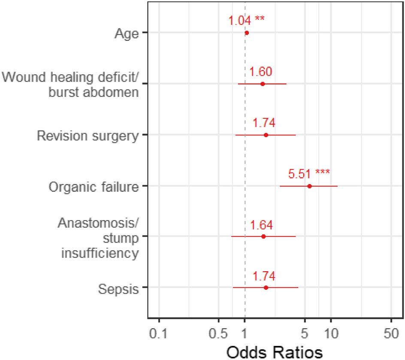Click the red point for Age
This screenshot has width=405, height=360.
click(x=247, y=33)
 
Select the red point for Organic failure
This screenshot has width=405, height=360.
click(x=309, y=186)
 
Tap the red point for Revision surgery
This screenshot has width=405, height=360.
click(x=266, y=135)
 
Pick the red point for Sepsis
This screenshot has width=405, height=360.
click(x=266, y=287)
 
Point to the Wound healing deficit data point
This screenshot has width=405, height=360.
click(x=263, y=84)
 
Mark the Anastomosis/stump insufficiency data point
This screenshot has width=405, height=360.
click(x=263, y=236)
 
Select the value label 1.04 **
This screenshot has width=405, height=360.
click(x=246, y=20)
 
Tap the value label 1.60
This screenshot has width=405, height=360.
click(x=261, y=71)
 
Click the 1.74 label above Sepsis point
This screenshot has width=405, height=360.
click(x=264, y=275)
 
